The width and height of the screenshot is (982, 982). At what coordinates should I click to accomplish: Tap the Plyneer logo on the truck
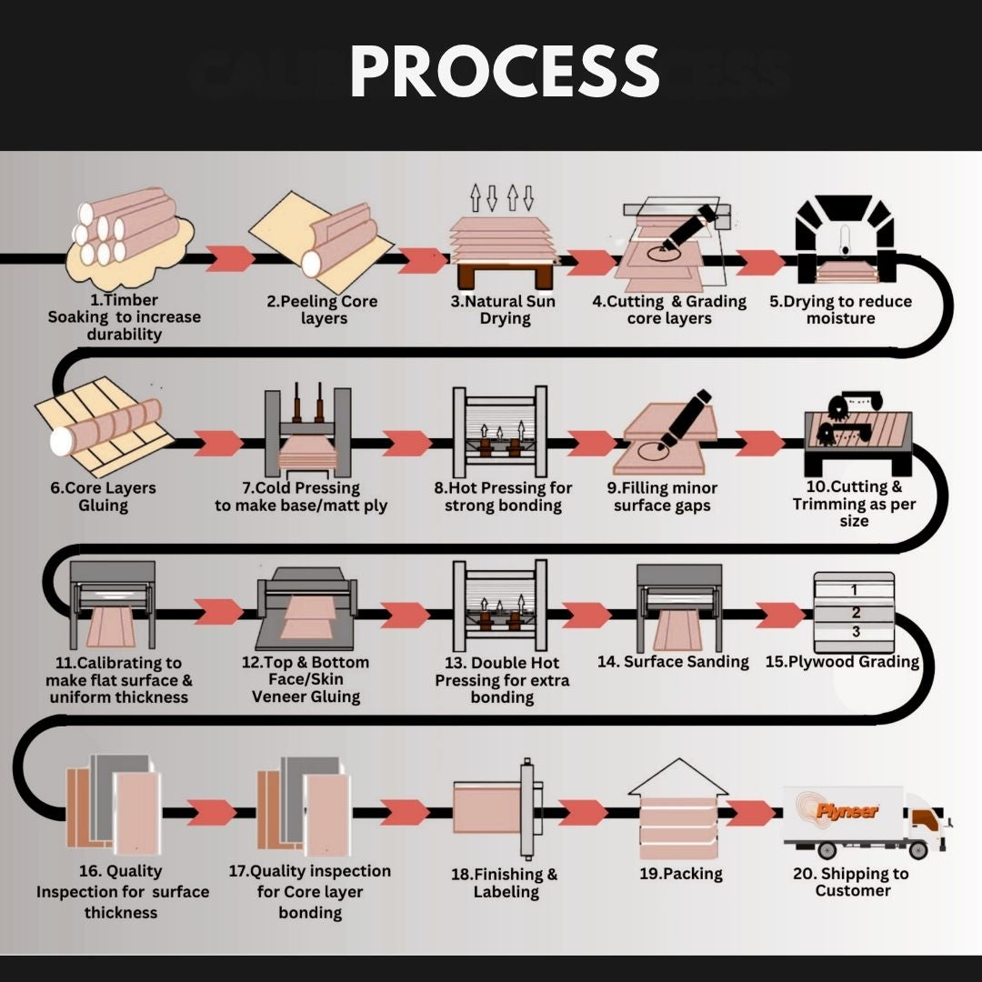tap(847, 811)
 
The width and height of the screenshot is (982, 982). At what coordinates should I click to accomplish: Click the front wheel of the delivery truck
tap(917, 849)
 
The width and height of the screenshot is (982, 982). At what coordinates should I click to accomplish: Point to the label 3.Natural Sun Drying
tap(503, 309)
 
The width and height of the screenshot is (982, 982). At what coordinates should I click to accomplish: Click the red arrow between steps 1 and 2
tap(230, 258)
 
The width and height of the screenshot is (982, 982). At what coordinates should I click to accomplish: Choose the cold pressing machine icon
tap(307, 432)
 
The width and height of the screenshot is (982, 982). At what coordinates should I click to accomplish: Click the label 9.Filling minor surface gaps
tap(662, 496)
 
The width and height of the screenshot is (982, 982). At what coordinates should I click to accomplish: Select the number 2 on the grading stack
tap(856, 612)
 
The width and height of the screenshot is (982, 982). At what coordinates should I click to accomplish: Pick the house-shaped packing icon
tap(677, 809)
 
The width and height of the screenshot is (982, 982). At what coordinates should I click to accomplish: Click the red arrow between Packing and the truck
tap(750, 812)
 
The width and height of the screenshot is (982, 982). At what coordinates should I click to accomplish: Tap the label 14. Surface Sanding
tap(673, 661)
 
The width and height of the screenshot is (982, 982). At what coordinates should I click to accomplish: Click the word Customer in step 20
tap(852, 890)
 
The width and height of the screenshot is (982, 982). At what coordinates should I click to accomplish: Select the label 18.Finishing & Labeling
tap(504, 882)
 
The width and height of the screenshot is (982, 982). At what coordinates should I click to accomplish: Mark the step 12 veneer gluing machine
tap(306, 608)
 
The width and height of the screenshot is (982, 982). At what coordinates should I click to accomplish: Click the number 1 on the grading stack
tap(854, 589)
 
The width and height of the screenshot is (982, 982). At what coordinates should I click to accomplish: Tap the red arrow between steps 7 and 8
tap(406, 443)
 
